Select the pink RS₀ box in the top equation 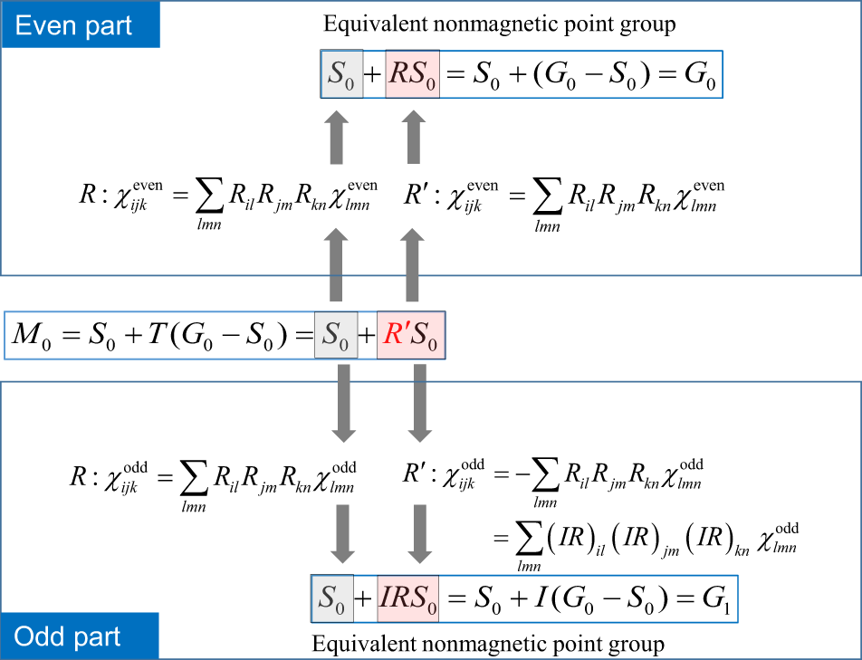[412, 74]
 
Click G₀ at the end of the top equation [701, 74]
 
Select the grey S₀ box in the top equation [341, 74]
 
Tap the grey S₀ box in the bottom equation [331, 598]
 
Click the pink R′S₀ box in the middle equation [411, 337]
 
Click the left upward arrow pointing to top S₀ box [336, 136]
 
